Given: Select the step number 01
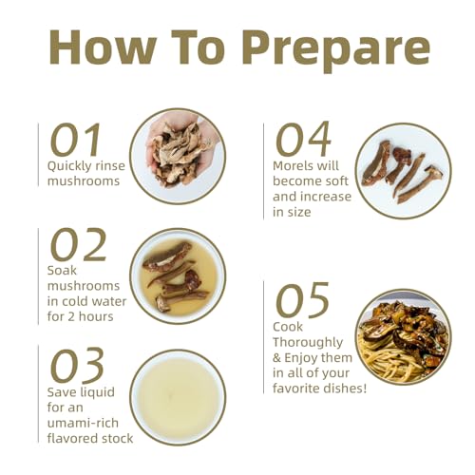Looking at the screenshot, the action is click(x=75, y=140).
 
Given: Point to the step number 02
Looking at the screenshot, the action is click(x=78, y=244).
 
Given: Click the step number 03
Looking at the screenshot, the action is click(x=77, y=365).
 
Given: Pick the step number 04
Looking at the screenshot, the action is click(x=303, y=140).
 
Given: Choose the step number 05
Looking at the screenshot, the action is click(x=302, y=300).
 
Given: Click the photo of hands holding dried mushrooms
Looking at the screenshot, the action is click(x=178, y=157).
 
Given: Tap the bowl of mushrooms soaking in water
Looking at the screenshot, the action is click(x=178, y=276).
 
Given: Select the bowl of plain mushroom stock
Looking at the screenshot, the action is click(x=178, y=398).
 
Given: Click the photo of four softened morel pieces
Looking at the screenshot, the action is click(x=404, y=171).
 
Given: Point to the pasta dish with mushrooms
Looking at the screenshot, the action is click(x=404, y=336).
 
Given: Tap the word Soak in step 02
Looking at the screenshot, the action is click(x=62, y=271).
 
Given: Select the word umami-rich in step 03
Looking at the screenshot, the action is click(x=83, y=423).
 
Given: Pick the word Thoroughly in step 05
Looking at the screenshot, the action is click(x=308, y=343).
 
